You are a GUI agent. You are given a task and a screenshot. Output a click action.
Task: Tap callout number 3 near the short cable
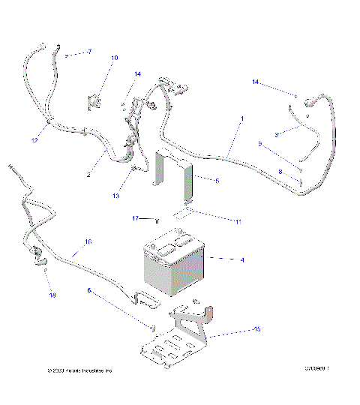[276, 134]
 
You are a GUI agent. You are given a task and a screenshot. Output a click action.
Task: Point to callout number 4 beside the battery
[242, 259]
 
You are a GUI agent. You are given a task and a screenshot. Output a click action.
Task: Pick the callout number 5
[217, 181]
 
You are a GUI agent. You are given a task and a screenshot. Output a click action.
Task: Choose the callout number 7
[88, 52]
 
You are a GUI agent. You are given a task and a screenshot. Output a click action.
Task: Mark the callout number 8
[280, 172]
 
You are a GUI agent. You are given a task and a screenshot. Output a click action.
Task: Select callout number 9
[259, 144]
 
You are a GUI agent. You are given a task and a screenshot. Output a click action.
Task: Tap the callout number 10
[114, 58]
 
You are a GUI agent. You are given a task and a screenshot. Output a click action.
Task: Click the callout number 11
[238, 222]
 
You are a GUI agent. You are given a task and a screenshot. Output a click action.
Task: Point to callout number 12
[34, 139]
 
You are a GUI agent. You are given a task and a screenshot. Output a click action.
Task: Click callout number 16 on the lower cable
[88, 241]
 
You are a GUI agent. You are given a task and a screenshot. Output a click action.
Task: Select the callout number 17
[136, 218]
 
